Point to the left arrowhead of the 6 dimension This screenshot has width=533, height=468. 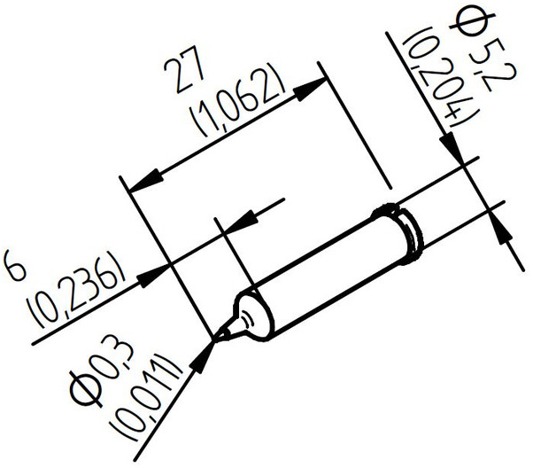point(159,267)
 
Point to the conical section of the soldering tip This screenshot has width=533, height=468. point(236,324)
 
